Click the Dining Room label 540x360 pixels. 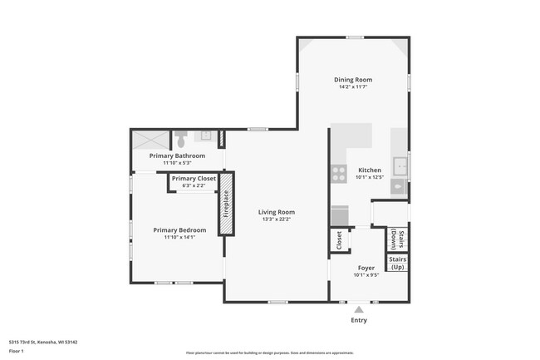352,80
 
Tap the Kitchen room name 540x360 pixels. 369,170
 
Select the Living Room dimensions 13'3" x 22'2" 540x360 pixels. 277,219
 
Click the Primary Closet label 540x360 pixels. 194,178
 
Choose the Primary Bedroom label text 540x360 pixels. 179,230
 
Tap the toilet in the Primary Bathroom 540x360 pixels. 180,138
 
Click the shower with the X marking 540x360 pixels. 150,139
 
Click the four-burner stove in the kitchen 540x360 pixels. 339,173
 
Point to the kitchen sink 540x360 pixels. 400,164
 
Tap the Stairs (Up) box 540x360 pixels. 397,264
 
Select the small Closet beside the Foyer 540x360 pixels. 339,239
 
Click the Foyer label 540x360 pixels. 366,268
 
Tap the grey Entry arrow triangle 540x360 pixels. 359,308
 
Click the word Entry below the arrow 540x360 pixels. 359,319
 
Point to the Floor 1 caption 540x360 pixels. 16,351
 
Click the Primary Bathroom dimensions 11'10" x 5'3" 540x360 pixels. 177,163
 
